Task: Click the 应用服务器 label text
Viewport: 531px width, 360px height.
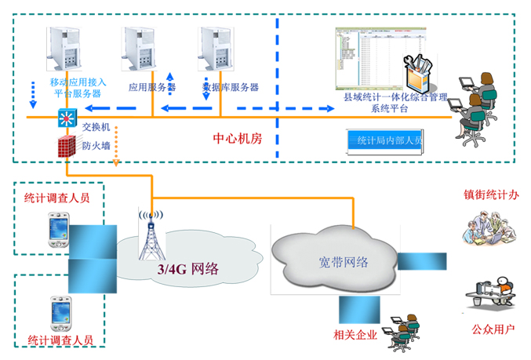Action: pyautogui.click(x=151, y=88)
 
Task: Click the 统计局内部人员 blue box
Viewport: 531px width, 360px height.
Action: pyautogui.click(x=388, y=141)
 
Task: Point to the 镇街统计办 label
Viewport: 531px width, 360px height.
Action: pyautogui.click(x=492, y=195)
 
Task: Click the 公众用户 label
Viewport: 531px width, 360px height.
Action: pyautogui.click(x=493, y=329)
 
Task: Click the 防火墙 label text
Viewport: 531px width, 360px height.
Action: pyautogui.click(x=96, y=146)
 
